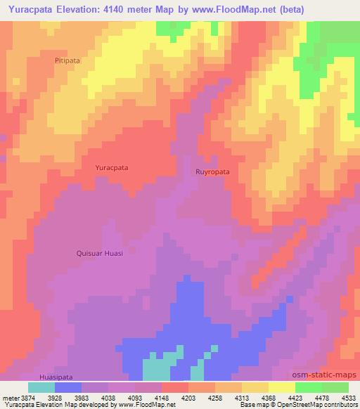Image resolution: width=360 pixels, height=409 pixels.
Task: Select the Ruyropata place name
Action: tap(212, 171)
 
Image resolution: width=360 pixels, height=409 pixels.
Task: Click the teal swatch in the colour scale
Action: tap(41, 387)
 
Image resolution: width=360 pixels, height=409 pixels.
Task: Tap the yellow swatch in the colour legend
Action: tap(281, 387)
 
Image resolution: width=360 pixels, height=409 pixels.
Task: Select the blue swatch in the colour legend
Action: tap(68, 387)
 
